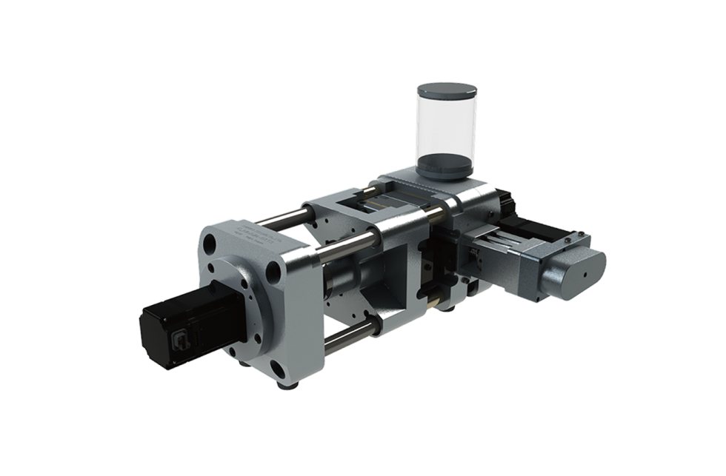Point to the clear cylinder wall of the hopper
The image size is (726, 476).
447,126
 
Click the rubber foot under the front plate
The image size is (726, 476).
282,386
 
